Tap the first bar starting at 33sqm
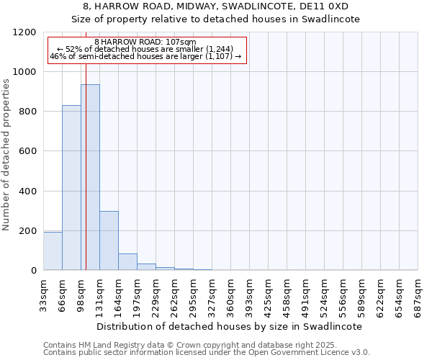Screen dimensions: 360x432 pyautogui.click(x=53, y=251)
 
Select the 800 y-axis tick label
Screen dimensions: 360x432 pyautogui.click(x=27, y=112)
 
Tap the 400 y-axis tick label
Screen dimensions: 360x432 pyautogui.click(x=27, y=192)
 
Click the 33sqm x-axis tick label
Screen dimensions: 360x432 pyautogui.click(x=44, y=293)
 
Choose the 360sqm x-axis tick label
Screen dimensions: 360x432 pyautogui.click(x=231, y=294)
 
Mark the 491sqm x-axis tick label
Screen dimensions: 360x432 pyautogui.click(x=306, y=294)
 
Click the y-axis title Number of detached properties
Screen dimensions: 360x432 pyautogui.click(x=6, y=156)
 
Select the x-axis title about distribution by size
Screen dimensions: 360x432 pyautogui.click(x=230, y=326)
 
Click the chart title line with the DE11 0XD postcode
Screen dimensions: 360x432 pyautogui.click(x=216, y=6)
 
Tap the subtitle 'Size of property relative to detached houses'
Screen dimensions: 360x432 pyautogui.click(x=216, y=19)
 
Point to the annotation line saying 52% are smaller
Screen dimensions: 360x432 pyautogui.click(x=147, y=49)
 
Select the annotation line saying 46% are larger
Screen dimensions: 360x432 pyautogui.click(x=147, y=55)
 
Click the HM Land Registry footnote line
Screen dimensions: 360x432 pyautogui.click(x=206, y=345)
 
